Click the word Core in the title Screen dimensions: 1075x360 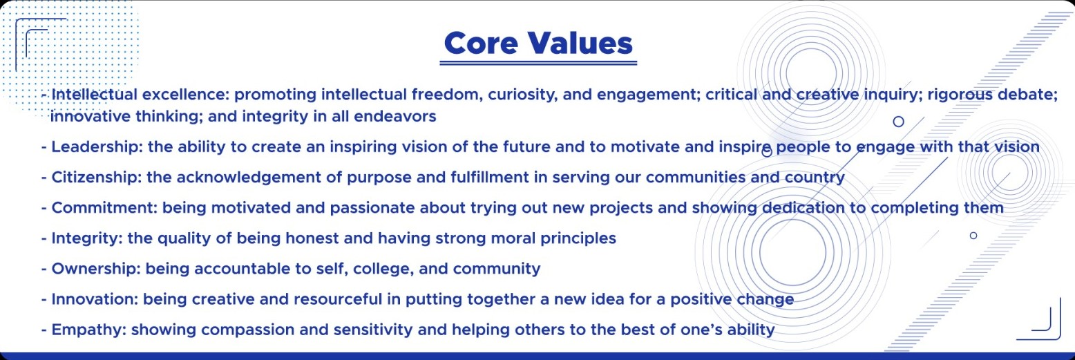(x=481, y=44)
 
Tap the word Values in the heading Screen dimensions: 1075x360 (x=580, y=44)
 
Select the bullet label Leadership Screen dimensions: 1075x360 (x=97, y=147)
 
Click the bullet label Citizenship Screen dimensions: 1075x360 (x=97, y=178)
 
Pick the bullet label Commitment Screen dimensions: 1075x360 (x=104, y=208)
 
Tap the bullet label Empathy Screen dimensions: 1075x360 (x=89, y=330)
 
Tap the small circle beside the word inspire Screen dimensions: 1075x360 (x=768, y=153)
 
